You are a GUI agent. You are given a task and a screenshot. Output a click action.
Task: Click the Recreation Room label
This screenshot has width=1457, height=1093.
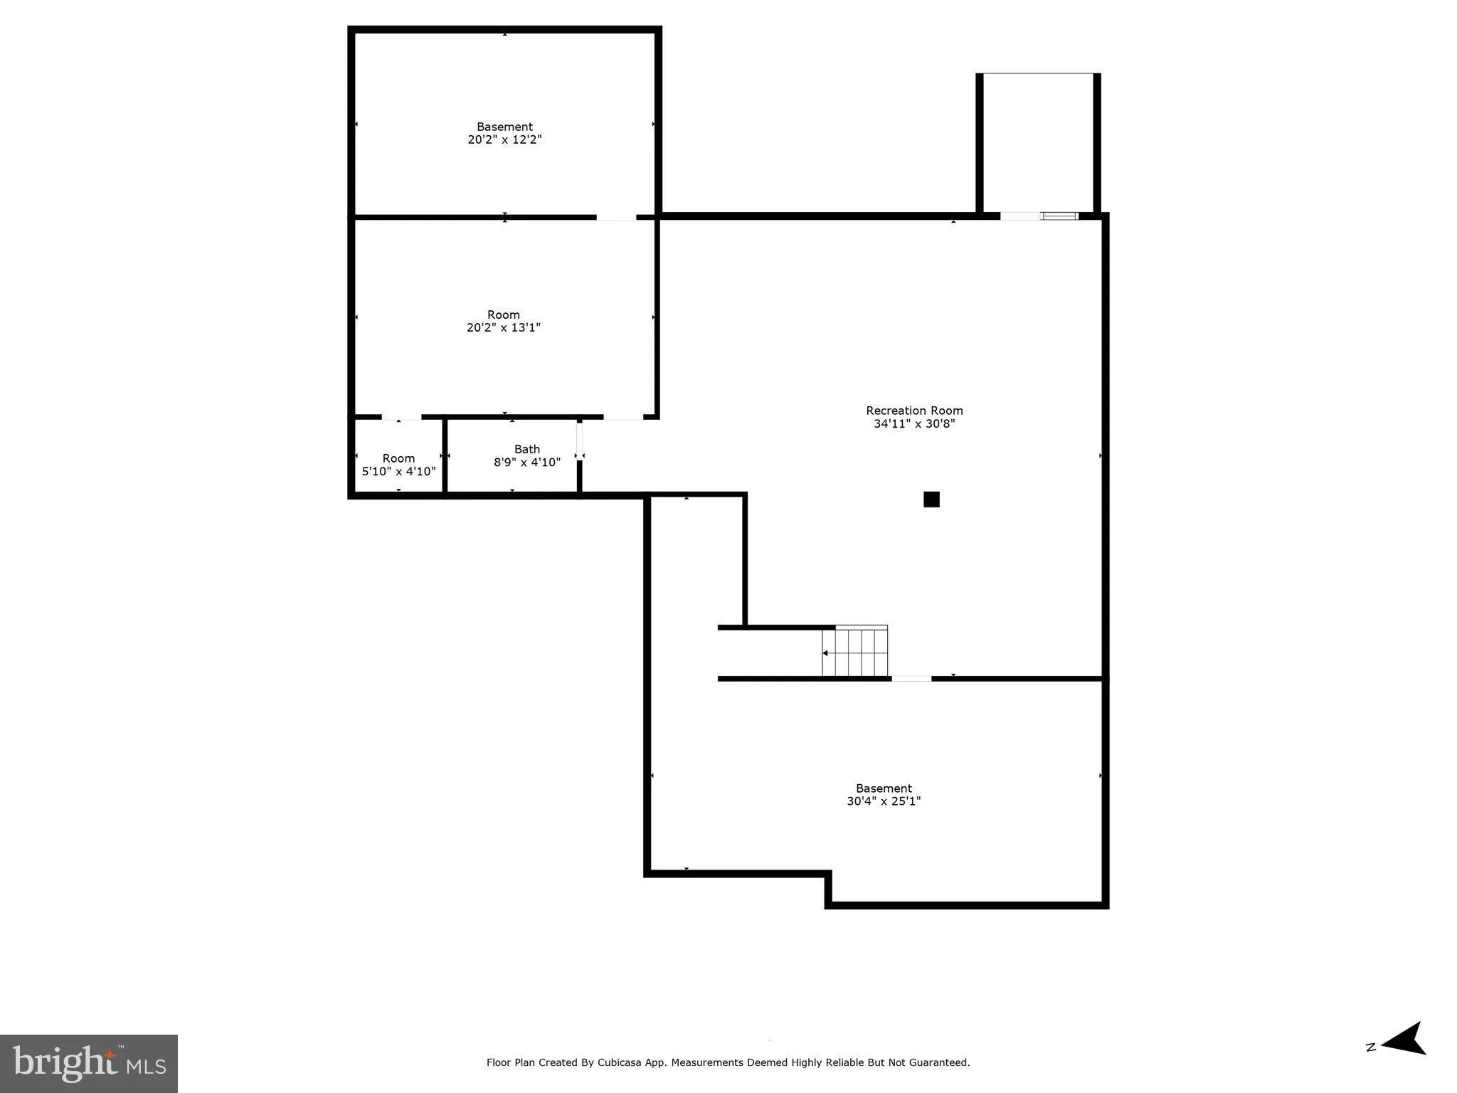coord(914,411)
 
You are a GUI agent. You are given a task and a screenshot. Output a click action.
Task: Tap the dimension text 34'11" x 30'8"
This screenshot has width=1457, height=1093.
coord(914,424)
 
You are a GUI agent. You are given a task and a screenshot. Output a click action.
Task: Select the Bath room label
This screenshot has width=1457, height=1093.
coord(527,449)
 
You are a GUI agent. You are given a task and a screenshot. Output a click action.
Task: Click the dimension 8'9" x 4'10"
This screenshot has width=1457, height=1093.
coord(527,463)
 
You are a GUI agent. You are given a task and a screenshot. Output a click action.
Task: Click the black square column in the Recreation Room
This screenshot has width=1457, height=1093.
coord(931,500)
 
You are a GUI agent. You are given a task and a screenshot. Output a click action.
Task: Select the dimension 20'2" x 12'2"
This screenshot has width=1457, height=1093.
coord(504,140)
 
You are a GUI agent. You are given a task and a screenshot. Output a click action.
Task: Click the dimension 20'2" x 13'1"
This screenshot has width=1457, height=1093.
coord(504,328)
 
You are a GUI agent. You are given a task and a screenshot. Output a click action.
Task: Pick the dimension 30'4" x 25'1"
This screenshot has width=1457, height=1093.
coord(884,801)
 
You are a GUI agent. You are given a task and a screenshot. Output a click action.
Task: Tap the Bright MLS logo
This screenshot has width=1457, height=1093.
coord(89,1063)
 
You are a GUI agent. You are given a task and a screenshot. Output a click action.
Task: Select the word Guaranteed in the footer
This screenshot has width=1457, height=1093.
coord(941,1062)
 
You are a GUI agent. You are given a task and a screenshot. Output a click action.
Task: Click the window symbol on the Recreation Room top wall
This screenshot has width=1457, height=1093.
coord(1059,216)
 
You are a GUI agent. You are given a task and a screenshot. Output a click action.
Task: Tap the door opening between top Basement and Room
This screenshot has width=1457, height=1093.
coord(616,217)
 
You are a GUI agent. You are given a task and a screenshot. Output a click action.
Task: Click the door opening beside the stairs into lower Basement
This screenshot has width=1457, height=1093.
coord(911,679)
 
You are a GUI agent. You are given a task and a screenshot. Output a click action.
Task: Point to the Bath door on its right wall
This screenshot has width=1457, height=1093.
coord(580,441)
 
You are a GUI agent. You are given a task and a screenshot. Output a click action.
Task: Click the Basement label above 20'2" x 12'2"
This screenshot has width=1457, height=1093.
coord(504,127)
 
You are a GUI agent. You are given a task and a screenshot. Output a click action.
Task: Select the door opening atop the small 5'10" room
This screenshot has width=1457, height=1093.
coord(401,417)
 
